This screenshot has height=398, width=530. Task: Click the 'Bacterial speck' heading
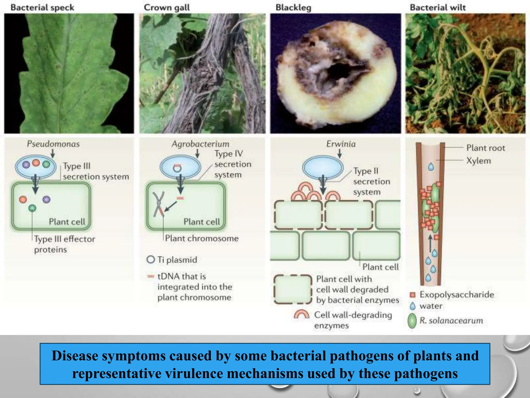point(42,8)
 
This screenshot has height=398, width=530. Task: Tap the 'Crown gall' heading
point(167,8)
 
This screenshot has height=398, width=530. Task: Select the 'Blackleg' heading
point(293,8)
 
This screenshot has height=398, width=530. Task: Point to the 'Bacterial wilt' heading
point(438,8)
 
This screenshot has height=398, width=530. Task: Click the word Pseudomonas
point(53,144)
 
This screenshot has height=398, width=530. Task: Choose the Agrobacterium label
point(201,144)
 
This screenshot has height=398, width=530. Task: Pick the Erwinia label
point(341,144)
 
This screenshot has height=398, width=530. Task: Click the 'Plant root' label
point(485,148)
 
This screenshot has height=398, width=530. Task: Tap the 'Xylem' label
point(479,161)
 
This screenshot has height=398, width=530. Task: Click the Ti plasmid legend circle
point(151,259)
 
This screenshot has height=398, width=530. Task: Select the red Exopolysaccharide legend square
point(413,295)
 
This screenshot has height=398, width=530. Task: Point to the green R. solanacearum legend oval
point(412,321)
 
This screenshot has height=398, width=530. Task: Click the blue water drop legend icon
point(413,306)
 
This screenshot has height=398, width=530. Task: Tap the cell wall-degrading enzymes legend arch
point(301,315)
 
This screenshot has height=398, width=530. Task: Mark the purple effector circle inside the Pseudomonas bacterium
point(26,165)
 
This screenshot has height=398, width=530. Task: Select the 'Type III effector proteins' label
point(64,244)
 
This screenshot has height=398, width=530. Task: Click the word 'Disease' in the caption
point(74,356)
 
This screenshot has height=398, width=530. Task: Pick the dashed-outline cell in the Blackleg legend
point(293,289)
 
